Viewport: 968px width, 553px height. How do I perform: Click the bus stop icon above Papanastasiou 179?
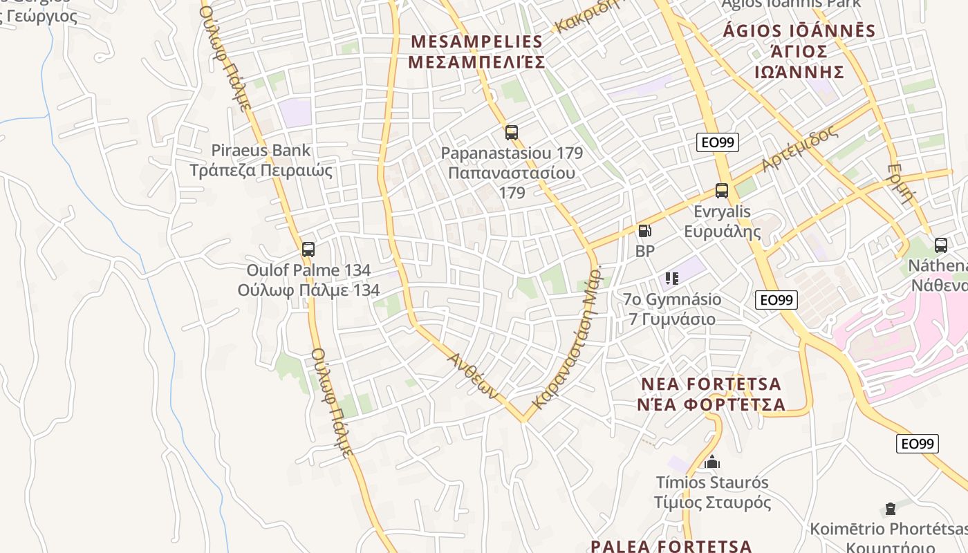[x=512, y=132]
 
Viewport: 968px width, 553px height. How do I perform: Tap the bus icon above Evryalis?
[x=722, y=191]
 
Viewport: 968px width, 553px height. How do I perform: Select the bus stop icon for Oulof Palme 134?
[x=308, y=249]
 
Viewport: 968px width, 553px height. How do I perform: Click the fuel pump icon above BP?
[x=644, y=231]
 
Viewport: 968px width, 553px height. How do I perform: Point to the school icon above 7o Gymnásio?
[x=671, y=279]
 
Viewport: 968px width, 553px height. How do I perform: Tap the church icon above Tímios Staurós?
[x=712, y=462]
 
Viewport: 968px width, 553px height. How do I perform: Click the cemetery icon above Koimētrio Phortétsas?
[x=890, y=509]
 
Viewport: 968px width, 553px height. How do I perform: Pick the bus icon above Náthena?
[x=940, y=245]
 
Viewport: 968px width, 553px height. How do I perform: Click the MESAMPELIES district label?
[x=476, y=41]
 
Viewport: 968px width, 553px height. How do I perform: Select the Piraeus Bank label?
[x=261, y=150]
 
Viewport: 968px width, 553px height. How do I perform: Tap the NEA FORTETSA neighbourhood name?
[x=711, y=384]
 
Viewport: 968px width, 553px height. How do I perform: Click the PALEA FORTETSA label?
[x=671, y=546]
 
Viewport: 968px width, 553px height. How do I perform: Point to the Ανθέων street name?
[x=473, y=376]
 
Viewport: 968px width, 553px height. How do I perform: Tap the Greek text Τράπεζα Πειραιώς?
[x=261, y=171]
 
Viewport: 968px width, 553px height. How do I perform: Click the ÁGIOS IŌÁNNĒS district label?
[x=799, y=31]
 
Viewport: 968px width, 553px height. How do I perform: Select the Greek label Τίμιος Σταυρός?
[x=712, y=503]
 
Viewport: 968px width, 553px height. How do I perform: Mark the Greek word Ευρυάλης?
[x=722, y=232]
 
